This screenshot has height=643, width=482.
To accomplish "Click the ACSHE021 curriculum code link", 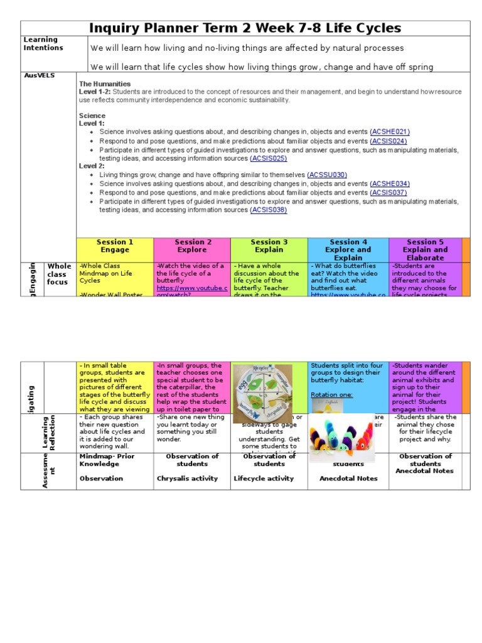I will (x=390, y=132).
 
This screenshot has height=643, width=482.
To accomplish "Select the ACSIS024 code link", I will (x=388, y=141).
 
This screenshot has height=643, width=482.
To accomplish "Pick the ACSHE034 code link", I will (x=390, y=183).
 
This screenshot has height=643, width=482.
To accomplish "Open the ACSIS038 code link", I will (x=268, y=210).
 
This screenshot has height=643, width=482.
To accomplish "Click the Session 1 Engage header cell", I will (x=115, y=246).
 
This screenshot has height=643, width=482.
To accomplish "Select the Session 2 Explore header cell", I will (x=193, y=246).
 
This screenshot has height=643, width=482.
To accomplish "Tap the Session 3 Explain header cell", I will (x=269, y=246).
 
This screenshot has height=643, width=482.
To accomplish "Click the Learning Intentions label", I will (x=43, y=44).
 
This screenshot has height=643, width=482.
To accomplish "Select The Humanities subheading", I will (x=105, y=84).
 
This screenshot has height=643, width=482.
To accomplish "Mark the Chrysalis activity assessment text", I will (x=187, y=478).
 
